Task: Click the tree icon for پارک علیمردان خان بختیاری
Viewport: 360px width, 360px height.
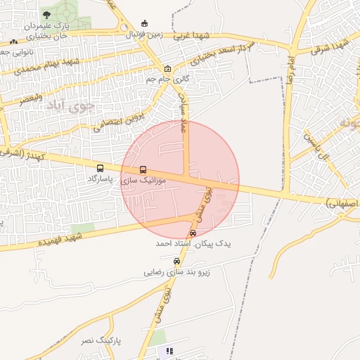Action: point(46,14)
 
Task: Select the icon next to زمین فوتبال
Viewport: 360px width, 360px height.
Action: point(144,22)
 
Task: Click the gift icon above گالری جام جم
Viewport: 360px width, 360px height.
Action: point(167,69)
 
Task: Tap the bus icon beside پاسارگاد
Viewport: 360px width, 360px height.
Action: point(101,169)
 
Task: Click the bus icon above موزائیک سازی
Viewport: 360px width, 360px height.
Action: point(143,169)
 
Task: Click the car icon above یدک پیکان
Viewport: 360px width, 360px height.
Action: point(193,233)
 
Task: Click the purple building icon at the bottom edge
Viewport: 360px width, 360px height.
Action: point(169,351)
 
